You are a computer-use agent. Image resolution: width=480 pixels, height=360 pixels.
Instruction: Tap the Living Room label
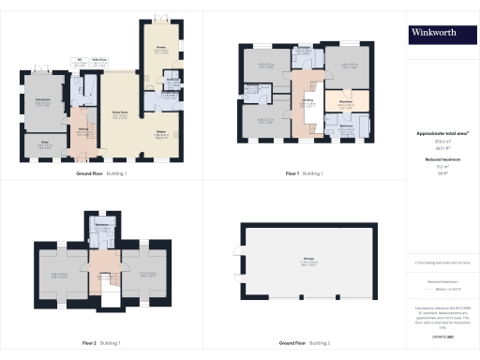[42, 98]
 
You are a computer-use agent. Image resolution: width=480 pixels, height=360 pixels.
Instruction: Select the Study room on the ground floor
[44, 143]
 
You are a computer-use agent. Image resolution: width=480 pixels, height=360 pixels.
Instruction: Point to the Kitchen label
[159, 131]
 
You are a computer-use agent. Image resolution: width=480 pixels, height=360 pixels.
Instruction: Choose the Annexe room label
[159, 49]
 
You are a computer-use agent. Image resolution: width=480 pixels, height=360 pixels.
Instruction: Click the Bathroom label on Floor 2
[103, 226]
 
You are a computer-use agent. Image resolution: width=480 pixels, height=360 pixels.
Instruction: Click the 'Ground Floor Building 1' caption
[103, 173]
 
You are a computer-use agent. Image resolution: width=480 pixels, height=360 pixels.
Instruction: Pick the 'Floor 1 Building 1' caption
[305, 173]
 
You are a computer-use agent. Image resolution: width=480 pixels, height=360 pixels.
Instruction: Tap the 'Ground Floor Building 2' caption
[305, 344]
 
